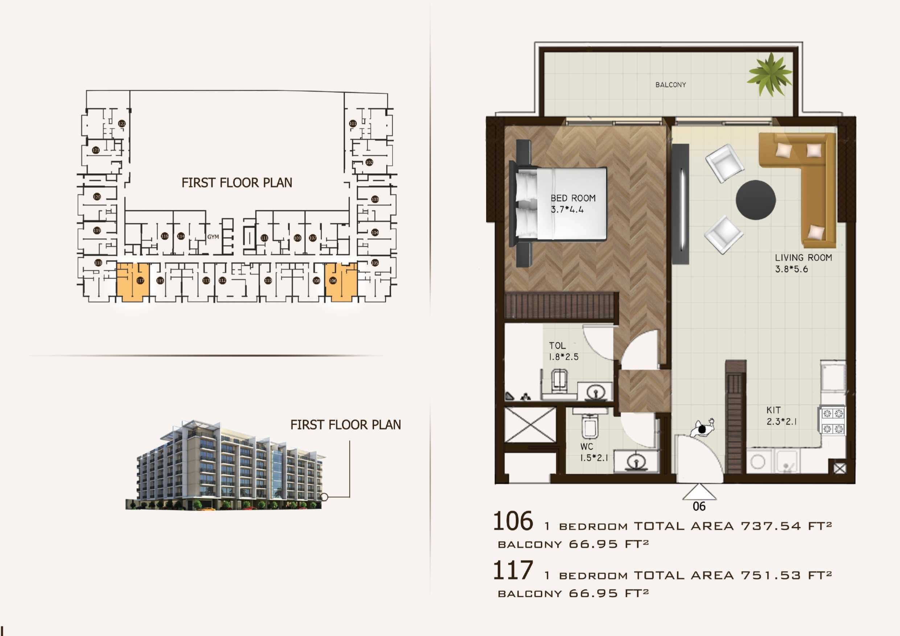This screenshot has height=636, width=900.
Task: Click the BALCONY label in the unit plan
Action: pos(670,84)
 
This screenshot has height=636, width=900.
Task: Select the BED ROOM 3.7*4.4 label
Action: pos(572,204)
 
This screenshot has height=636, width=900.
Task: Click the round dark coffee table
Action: pos(755,200)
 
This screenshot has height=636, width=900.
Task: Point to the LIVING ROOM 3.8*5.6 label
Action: pos(803,263)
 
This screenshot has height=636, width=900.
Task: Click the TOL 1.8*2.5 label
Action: pos(563,351)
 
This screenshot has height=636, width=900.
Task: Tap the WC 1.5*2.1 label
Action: pos(593,452)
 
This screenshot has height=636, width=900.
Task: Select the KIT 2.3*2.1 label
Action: pos(781,416)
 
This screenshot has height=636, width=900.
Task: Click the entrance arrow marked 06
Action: pos(699,492)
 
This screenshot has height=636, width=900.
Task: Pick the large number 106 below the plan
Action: pos(513,521)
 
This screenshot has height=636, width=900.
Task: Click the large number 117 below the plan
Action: pos(513,571)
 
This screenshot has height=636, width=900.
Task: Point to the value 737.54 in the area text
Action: pos(770,526)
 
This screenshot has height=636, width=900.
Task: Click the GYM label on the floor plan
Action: pos(213,237)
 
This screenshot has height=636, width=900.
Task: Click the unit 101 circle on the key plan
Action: pos(353,123)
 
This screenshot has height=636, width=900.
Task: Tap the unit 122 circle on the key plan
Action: pos(122,124)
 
